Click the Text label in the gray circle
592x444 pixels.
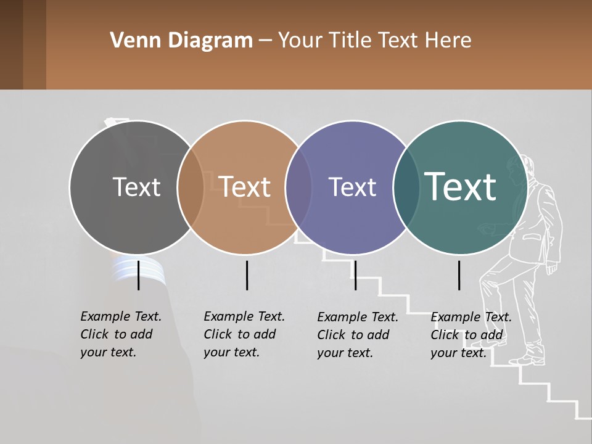(136, 187)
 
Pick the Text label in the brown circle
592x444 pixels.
(245, 187)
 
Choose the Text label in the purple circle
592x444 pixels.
(352, 187)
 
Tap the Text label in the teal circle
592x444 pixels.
(461, 186)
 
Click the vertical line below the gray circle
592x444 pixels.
(139, 275)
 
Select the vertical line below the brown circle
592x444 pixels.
(247, 275)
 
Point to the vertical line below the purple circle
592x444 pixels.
(355, 275)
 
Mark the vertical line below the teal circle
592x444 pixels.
(459, 275)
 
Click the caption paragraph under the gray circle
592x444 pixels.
(121, 334)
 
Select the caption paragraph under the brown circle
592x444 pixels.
(244, 334)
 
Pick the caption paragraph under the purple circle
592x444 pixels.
(358, 335)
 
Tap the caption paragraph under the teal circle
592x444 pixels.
(471, 335)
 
